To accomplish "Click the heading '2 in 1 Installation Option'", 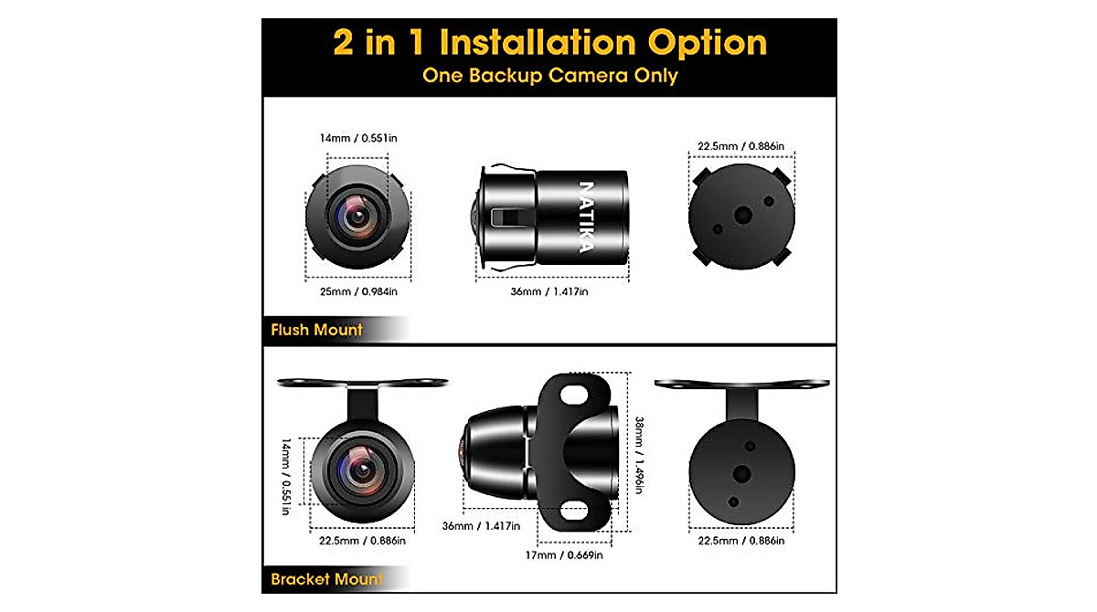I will (x=549, y=43).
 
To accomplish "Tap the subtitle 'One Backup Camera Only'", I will (x=549, y=76).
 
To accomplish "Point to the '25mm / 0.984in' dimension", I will (x=358, y=291).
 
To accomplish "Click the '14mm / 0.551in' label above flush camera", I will (x=358, y=137).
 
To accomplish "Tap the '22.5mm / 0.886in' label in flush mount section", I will (x=741, y=145).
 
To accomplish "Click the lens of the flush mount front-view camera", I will (x=357, y=216).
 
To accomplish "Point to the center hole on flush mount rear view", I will (x=743, y=215).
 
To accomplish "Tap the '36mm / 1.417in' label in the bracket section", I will (x=481, y=526).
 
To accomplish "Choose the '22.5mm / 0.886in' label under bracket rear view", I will (x=741, y=541).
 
